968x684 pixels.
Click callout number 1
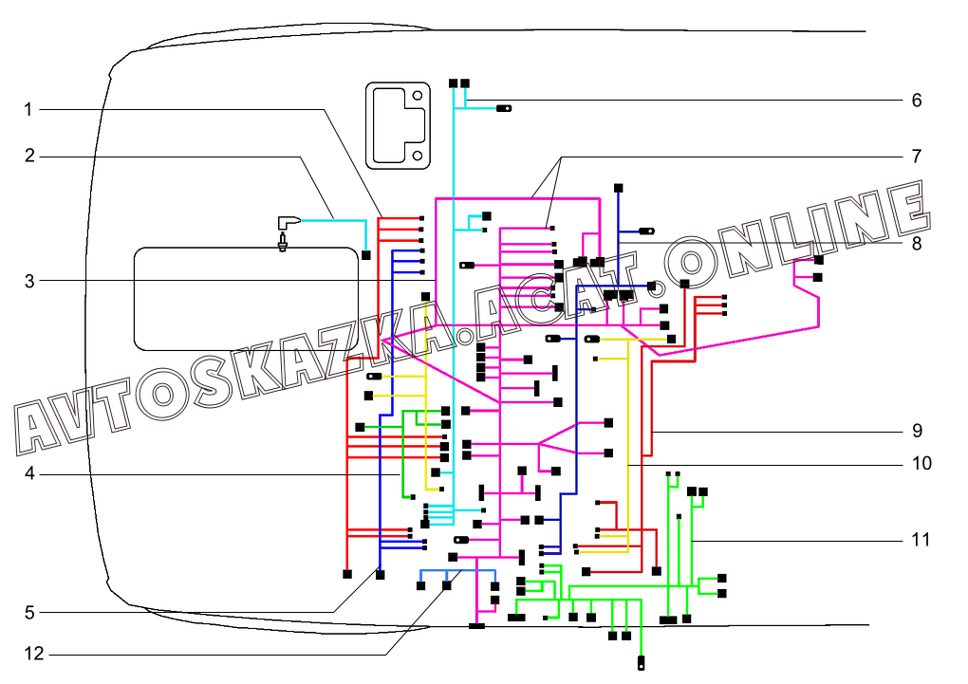pyautogui.click(x=28, y=110)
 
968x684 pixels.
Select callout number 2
pyautogui.click(x=29, y=157)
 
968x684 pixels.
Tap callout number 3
pyautogui.click(x=29, y=281)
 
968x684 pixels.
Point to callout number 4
pyautogui.click(x=29, y=474)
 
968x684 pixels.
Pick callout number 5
pyautogui.click(x=29, y=613)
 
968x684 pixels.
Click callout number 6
pyautogui.click(x=917, y=100)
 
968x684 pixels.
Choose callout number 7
pyautogui.click(x=917, y=157)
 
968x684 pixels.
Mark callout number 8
pyautogui.click(x=917, y=244)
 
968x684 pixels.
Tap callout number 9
pyautogui.click(x=917, y=431)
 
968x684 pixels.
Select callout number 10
pyautogui.click(x=921, y=464)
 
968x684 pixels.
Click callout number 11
pyautogui.click(x=921, y=540)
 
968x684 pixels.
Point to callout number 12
pyautogui.click(x=34, y=653)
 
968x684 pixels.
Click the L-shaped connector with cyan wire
pyautogui.click(x=288, y=222)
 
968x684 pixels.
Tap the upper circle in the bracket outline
pyautogui.click(x=418, y=96)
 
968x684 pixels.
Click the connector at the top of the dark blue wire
pyautogui.click(x=618, y=188)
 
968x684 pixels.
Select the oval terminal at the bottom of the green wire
pyautogui.click(x=641, y=664)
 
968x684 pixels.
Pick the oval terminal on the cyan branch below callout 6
pyautogui.click(x=504, y=109)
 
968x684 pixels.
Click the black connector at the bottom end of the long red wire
pyautogui.click(x=347, y=574)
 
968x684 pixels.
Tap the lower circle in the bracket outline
pyautogui.click(x=418, y=156)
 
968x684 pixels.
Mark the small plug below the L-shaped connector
pyautogui.click(x=283, y=242)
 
